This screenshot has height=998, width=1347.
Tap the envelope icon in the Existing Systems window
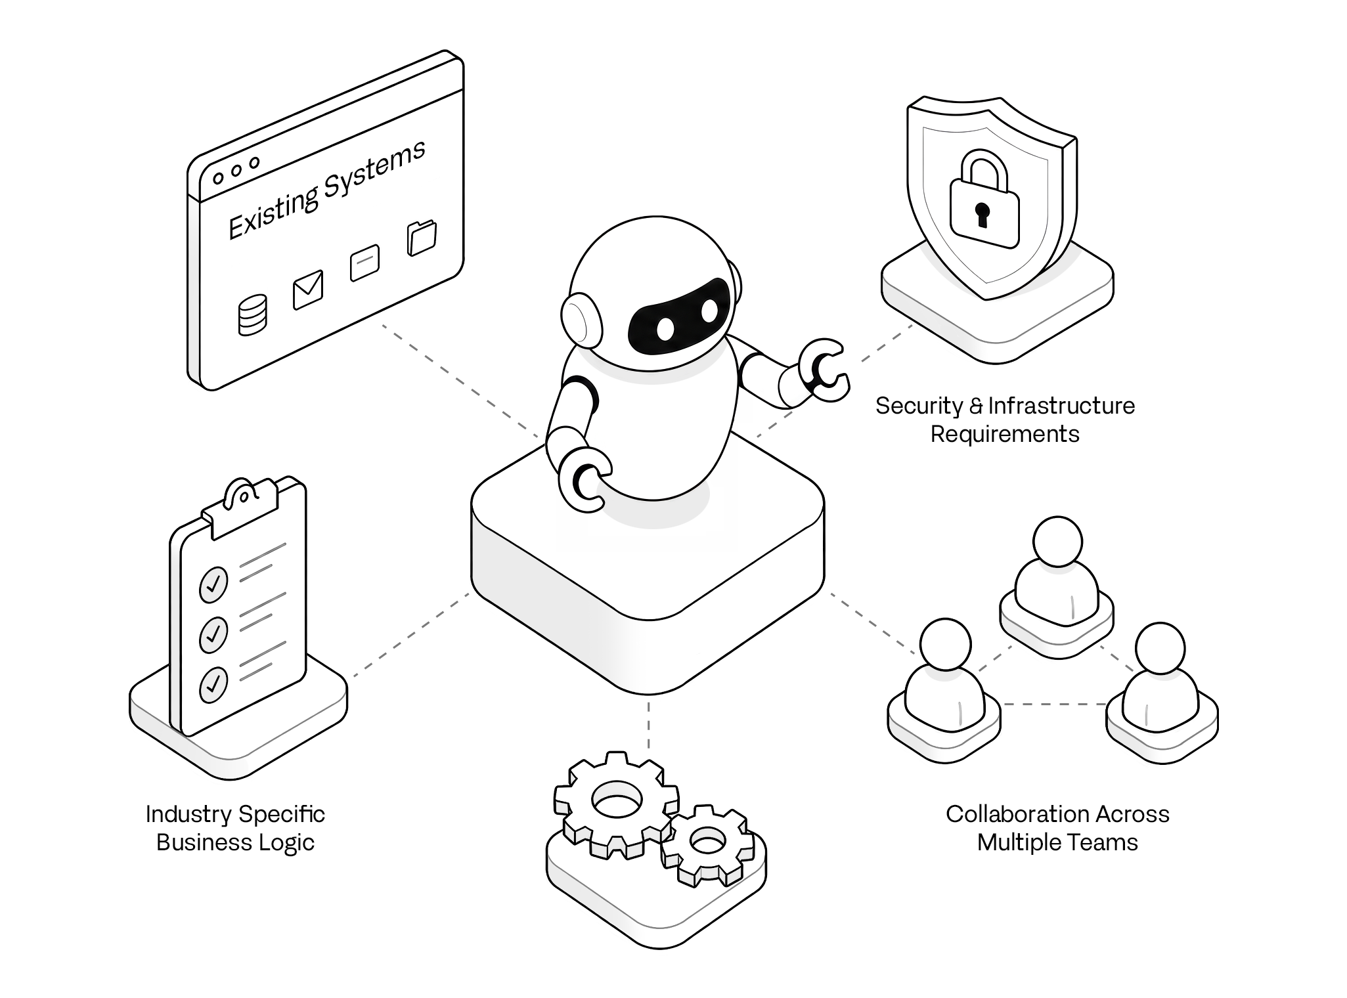point(308,290)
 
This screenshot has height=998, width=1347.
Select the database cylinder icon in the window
point(252,315)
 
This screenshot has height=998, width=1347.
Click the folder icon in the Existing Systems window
point(422,238)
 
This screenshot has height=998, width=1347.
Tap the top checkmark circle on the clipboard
point(213,584)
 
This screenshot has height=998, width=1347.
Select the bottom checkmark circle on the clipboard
point(213,685)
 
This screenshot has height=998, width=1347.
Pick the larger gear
point(615,805)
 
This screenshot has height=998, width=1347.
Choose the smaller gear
point(707,846)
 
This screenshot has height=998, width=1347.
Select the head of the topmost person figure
point(1057,542)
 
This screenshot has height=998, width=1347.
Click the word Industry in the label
point(188,815)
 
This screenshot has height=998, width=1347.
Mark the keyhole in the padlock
point(983,214)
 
